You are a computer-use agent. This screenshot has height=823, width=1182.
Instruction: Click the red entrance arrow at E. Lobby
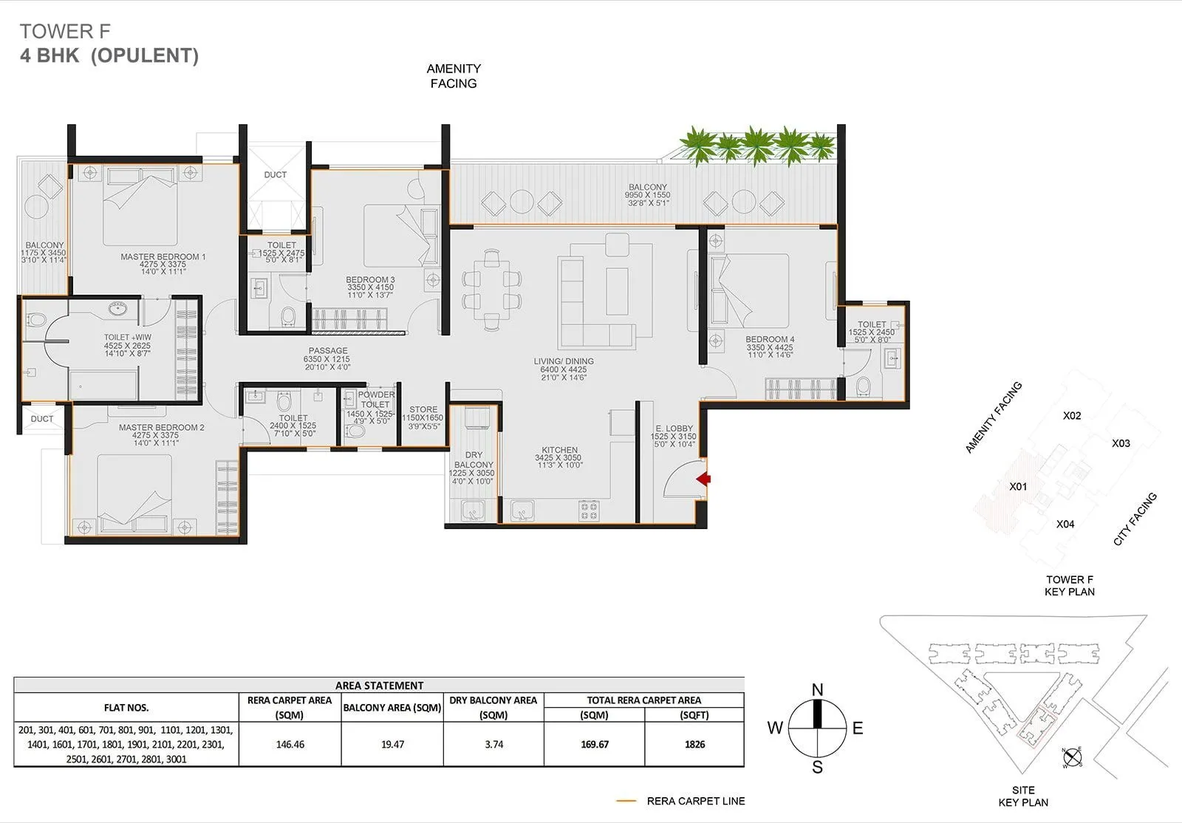[704, 479]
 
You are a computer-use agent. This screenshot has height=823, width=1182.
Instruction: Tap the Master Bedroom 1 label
[163, 257]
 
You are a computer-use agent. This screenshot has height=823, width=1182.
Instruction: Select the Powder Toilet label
[375, 399]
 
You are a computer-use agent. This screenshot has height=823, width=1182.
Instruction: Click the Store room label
[423, 409]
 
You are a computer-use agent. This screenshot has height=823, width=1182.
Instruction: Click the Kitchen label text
[559, 450]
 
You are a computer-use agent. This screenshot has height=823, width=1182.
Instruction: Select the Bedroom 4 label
[770, 340]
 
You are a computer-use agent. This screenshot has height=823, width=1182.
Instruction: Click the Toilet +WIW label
[127, 338]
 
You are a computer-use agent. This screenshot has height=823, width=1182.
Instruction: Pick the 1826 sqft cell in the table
[694, 745]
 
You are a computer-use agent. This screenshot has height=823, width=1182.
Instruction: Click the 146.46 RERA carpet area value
[290, 745]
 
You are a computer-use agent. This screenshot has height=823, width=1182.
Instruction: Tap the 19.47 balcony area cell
[392, 745]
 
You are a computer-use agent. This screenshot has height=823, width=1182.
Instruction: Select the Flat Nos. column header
[126, 708]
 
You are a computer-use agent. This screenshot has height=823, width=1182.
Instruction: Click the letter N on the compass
[817, 690]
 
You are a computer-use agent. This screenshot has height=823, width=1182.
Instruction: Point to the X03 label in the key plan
[1121, 443]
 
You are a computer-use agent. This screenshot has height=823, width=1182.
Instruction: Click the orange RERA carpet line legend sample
[626, 801]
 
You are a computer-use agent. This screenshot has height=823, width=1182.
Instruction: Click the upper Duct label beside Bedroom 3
[275, 175]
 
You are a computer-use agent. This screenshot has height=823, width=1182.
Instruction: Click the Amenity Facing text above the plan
[454, 76]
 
